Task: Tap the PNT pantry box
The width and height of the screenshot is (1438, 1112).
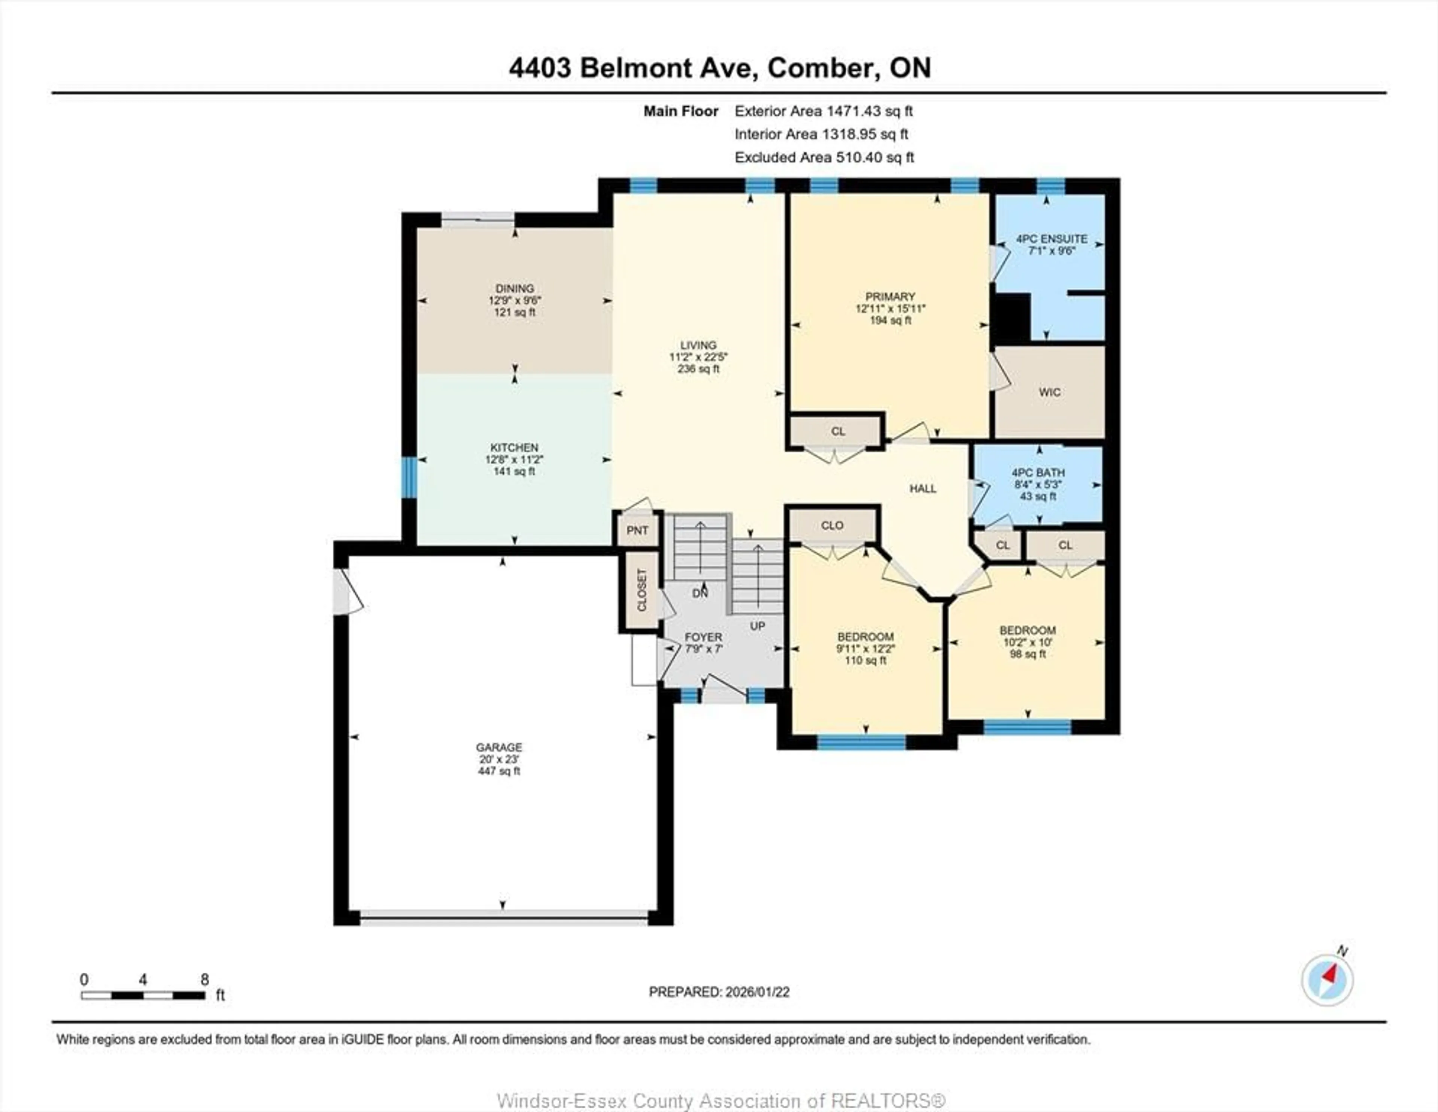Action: (637, 531)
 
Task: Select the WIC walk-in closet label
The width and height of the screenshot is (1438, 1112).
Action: (1050, 392)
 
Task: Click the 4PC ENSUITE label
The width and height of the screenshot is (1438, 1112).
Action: (1052, 239)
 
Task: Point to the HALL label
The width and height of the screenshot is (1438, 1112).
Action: (922, 489)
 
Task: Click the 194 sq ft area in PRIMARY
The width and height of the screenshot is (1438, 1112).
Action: (890, 320)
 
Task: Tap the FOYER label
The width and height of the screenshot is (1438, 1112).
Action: (703, 637)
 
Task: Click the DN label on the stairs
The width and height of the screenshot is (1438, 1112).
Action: (700, 593)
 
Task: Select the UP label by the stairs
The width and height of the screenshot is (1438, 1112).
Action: (757, 626)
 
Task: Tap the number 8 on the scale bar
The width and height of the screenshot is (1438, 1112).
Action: (205, 979)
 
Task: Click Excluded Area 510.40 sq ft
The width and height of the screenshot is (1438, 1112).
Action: (824, 157)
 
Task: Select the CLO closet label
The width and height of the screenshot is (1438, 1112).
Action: (832, 525)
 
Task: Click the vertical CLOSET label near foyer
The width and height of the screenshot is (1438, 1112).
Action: (642, 590)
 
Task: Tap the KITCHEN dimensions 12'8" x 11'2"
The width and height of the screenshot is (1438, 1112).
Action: (514, 459)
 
